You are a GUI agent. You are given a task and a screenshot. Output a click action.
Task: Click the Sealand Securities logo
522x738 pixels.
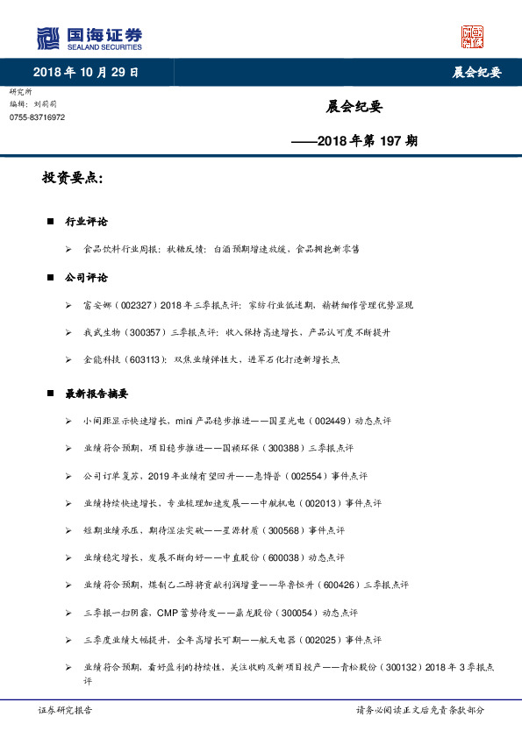(x=89, y=39)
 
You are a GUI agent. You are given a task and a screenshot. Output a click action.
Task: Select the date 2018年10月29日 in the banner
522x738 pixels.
(x=85, y=72)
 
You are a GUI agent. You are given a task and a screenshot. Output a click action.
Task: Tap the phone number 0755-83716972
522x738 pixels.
(x=37, y=117)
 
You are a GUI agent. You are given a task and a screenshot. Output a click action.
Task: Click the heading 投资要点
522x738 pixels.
(x=73, y=179)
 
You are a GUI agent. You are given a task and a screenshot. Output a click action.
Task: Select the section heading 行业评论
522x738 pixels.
(x=87, y=222)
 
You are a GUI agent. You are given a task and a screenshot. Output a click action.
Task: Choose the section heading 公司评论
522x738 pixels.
(x=87, y=278)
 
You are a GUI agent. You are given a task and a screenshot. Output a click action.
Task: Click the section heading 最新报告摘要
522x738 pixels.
(x=97, y=394)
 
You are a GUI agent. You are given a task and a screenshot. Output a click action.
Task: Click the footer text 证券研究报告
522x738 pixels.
(x=66, y=710)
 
